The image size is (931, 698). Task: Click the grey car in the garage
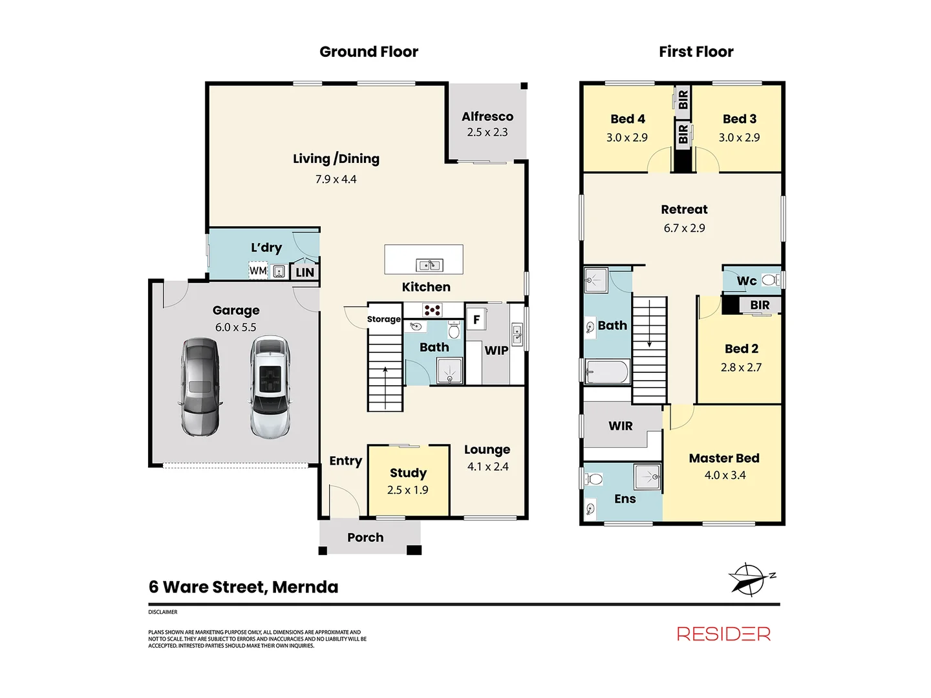tap(200, 386)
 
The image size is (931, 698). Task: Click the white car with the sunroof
tap(270, 386)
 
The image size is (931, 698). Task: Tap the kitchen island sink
tap(429, 265)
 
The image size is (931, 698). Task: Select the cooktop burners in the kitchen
tap(432, 310)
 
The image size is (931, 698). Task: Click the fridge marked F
tap(476, 319)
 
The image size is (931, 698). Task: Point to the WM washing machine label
tap(259, 270)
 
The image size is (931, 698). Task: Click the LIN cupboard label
tap(305, 273)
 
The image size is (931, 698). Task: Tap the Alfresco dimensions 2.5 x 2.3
tap(487, 132)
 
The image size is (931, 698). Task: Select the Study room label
tap(408, 472)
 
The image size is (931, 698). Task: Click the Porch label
tap(365, 537)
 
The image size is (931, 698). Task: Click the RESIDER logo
tap(723, 633)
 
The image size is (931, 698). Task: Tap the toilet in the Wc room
tap(770, 280)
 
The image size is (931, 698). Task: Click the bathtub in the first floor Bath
tap(606, 372)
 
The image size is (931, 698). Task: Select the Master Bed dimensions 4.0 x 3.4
tap(725, 475)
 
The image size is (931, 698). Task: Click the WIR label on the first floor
tap(621, 426)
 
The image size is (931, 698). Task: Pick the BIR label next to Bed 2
tap(760, 305)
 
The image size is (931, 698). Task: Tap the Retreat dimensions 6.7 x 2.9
tap(684, 228)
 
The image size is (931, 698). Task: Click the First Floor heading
tap(696, 52)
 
